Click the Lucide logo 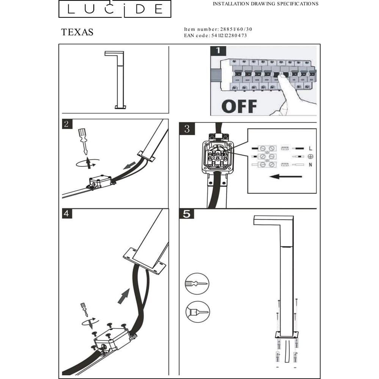point(115,9)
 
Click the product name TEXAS point(77,32)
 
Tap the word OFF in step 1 point(239,106)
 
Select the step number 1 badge point(218,51)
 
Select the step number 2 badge point(67,124)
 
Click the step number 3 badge point(187,128)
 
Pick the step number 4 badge point(67,214)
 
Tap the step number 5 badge point(186,214)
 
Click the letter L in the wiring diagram point(311,149)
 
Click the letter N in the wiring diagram point(311,165)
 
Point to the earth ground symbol point(311,157)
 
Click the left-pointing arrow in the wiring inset point(286,177)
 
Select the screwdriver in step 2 point(83,141)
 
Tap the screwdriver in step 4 point(85,310)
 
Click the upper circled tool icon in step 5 point(197,284)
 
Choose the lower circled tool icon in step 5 point(198,312)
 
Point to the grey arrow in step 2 point(130,166)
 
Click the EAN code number point(229,36)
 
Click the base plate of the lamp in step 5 point(287,335)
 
